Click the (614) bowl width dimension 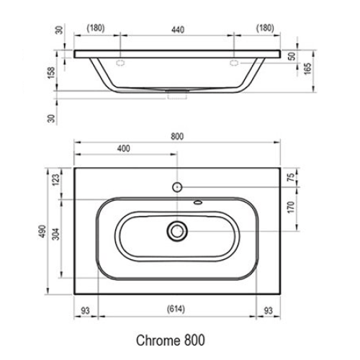pos(176,310)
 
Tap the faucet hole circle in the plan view pos(177,186)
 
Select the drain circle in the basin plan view pos(177,231)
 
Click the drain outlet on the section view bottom pos(177,92)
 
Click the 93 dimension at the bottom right pos(267,310)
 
